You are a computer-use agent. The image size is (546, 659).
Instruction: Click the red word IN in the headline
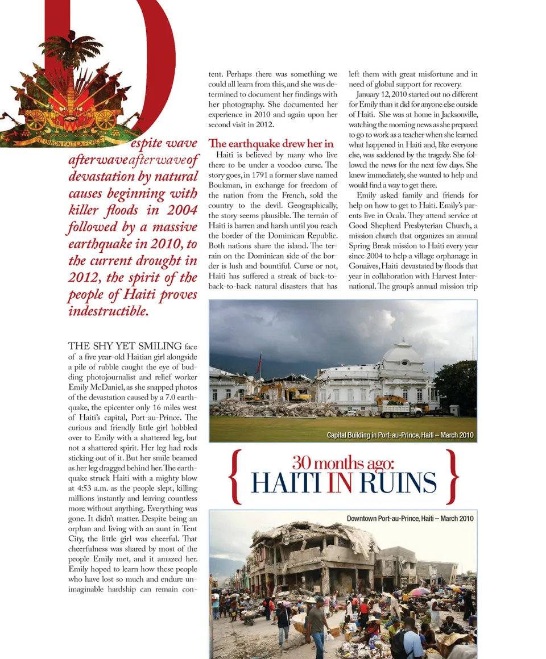[340, 483]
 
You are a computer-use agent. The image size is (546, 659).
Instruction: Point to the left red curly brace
[235, 477]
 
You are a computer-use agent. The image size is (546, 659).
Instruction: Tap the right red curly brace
[452, 477]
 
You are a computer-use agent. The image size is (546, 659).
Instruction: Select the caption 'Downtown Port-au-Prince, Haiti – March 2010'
[409, 518]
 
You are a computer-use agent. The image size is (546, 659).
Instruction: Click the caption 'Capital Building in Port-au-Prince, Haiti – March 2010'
[400, 435]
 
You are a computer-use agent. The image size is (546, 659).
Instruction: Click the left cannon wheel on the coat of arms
[36, 119]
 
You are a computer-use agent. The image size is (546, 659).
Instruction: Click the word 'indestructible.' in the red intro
[108, 311]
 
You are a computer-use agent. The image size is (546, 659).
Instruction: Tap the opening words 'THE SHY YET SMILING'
[125, 346]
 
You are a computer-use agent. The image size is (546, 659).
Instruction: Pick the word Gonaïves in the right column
[366, 266]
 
